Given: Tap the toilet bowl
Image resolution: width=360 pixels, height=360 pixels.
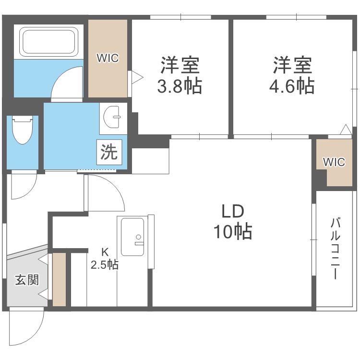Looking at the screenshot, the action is coord(22,129).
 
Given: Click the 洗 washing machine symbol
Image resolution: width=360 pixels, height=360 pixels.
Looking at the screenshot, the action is coord(109,152).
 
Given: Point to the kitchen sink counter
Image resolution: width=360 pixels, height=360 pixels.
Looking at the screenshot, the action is coord(132,237).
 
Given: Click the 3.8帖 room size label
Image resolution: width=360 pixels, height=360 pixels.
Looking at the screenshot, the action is coord(180,86).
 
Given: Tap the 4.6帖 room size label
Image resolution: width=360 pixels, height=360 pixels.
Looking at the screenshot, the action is coord(291,86).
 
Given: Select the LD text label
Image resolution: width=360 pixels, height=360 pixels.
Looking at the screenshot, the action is coord(233,212).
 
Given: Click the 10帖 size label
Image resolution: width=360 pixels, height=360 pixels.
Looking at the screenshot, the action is coord(233,231).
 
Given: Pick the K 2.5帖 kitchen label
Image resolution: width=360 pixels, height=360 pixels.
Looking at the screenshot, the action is coord(105,259).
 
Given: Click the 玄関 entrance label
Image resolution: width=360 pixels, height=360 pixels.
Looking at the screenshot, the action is coord(27,280).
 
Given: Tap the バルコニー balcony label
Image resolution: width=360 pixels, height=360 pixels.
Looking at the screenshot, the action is coord(335,249).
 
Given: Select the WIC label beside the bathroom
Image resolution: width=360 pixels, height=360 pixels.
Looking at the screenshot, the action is coord(108,58).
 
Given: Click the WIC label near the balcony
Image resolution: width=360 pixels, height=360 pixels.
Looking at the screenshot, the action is coord(334,162).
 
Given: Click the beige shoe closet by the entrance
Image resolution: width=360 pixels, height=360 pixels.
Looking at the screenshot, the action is coord(60,279).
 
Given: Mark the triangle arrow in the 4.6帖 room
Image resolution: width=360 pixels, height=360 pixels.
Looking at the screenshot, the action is coord(346,129).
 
